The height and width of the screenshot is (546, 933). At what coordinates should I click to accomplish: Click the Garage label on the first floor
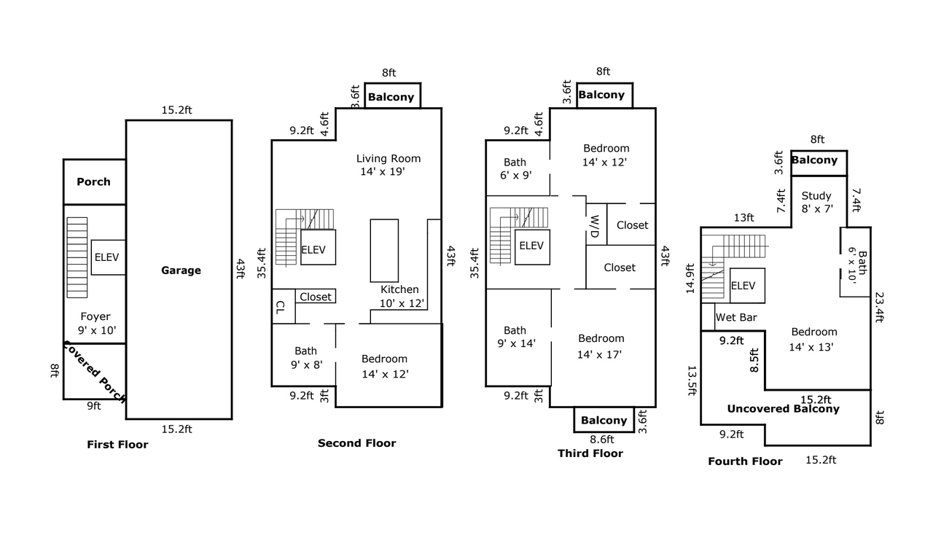(181, 270)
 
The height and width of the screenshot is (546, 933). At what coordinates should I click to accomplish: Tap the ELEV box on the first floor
(109, 257)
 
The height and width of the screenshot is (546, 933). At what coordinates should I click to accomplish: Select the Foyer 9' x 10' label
(96, 323)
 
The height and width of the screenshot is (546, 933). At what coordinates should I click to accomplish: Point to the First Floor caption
(117, 445)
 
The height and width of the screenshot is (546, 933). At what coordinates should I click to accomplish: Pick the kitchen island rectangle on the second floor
(384, 251)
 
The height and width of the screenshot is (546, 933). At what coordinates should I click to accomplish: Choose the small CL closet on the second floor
(284, 306)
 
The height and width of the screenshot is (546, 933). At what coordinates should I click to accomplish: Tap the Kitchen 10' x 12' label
(401, 296)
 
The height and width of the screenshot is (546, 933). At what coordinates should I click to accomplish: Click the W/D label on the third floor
(595, 226)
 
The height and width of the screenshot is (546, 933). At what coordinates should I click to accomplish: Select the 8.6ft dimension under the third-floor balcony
(602, 440)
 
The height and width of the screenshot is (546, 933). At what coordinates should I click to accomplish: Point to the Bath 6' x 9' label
(515, 168)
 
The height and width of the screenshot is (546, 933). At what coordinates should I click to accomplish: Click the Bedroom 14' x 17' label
(600, 346)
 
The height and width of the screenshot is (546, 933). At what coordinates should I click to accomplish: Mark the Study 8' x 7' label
(817, 202)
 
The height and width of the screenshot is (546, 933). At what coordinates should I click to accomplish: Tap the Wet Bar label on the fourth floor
(736, 317)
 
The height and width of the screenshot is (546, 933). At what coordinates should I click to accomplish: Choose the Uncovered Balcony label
(783, 409)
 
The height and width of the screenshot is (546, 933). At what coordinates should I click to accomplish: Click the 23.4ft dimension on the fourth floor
(879, 307)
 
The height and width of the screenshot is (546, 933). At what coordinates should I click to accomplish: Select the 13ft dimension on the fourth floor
(744, 217)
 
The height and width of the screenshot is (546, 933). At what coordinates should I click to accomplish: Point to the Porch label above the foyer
(94, 182)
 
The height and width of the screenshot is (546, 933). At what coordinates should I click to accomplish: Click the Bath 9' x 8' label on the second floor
(307, 358)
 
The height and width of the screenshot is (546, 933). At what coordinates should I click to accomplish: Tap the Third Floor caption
(590, 453)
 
